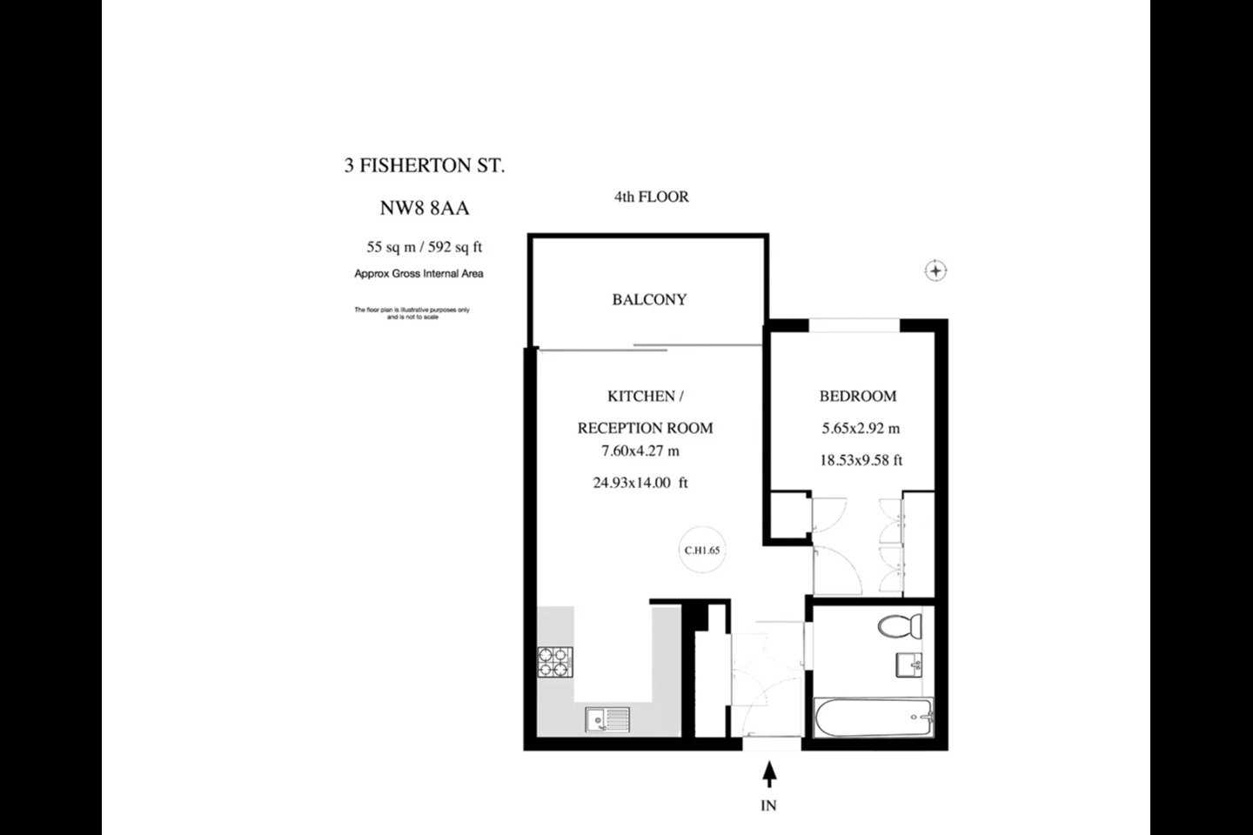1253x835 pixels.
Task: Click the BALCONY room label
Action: pos(649,299)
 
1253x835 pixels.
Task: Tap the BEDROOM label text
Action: pos(857,396)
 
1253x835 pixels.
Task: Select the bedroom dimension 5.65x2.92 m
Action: pos(861,428)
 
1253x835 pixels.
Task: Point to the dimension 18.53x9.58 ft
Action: pos(861,460)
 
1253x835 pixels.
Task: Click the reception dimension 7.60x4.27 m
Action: pos(640,451)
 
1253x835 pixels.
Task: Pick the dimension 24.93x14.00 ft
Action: pos(640,483)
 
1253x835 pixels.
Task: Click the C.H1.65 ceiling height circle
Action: pos(701,550)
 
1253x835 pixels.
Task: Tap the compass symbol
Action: pos(935,271)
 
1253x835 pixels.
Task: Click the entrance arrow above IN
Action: pos(769,773)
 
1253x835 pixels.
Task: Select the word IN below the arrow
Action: pos(768,805)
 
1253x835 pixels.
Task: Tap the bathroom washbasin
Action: pos(909,665)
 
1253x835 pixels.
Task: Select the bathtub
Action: pos(874,718)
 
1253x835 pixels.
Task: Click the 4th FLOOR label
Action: pos(651,197)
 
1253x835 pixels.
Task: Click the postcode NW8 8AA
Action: pos(424,208)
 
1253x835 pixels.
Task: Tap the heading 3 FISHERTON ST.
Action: pos(424,165)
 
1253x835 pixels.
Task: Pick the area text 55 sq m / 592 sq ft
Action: pos(424,247)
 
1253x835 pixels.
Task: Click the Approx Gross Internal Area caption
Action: pos(419,274)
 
